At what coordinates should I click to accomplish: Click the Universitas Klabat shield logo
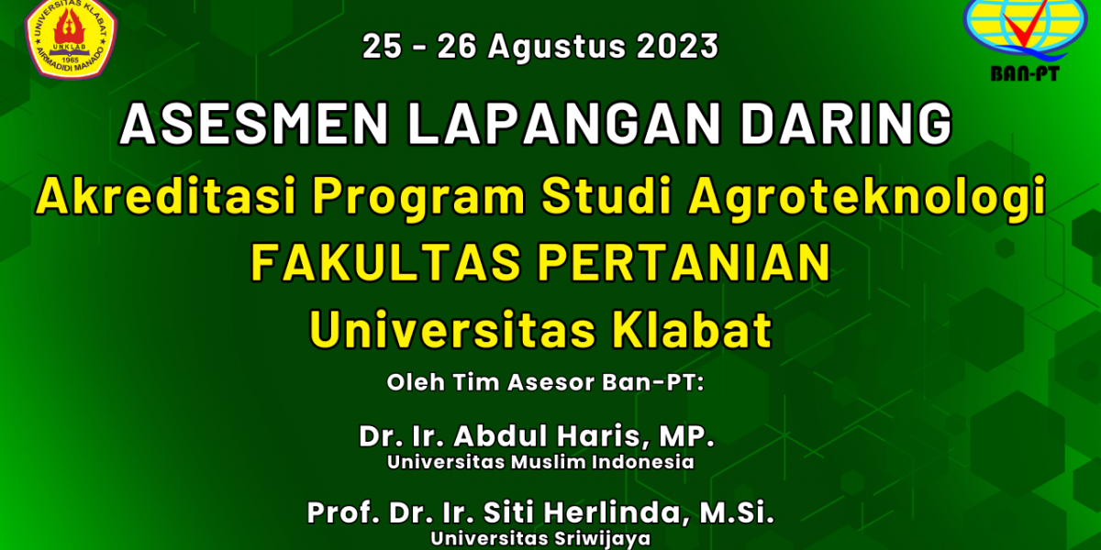(x=72, y=38)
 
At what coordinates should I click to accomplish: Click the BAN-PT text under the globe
(x=1025, y=73)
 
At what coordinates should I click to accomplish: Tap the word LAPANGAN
(x=564, y=123)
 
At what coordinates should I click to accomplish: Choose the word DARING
(x=846, y=123)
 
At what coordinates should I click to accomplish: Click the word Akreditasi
(x=166, y=196)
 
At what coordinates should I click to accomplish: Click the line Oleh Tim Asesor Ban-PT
(x=546, y=382)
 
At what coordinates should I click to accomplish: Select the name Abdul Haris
(x=549, y=436)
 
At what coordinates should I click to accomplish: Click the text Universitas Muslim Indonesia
(x=540, y=462)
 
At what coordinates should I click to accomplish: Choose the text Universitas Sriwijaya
(x=540, y=539)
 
